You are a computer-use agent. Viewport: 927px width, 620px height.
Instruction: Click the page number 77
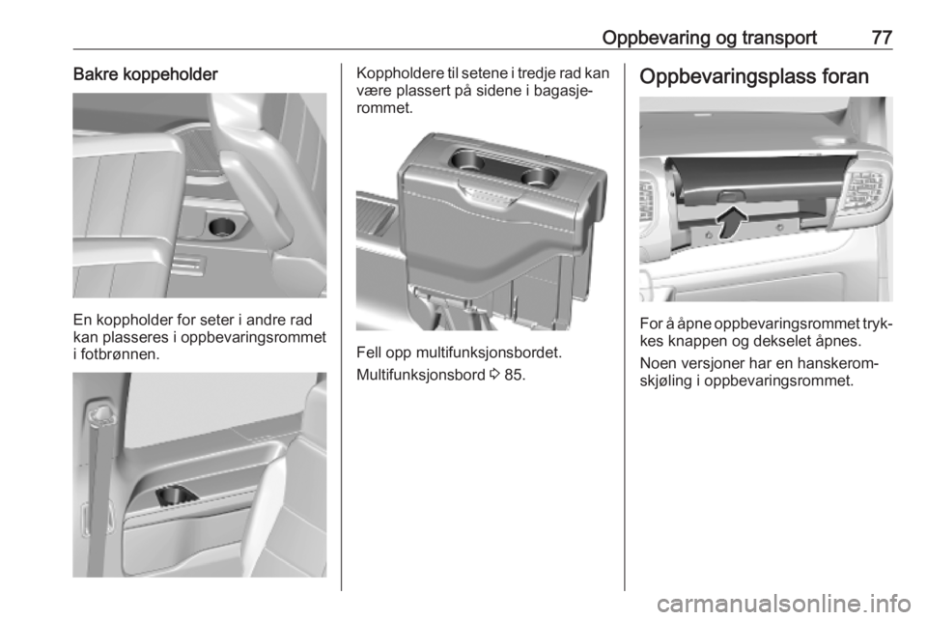click(x=882, y=38)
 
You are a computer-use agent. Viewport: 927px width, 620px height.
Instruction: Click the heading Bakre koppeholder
click(x=146, y=74)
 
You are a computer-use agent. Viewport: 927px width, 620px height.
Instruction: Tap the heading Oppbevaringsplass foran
click(x=754, y=77)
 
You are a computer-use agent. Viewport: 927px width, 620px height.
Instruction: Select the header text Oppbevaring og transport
click(x=710, y=38)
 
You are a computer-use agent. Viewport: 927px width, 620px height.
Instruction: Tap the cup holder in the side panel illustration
click(x=176, y=495)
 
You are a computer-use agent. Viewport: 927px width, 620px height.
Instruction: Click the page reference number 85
click(x=515, y=375)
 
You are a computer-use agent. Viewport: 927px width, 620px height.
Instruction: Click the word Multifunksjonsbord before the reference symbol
click(x=421, y=375)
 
